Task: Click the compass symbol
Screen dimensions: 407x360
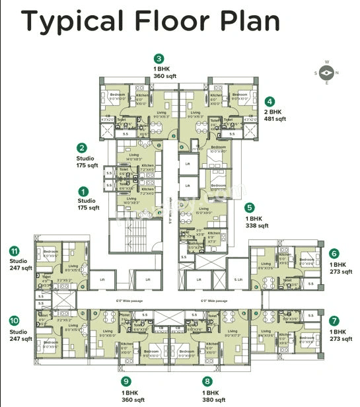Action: (327, 73)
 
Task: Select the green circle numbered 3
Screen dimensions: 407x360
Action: (158, 58)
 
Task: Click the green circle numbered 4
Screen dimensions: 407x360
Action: (270, 102)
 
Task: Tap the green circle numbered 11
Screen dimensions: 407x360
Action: (14, 251)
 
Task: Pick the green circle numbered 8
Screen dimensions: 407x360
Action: (207, 381)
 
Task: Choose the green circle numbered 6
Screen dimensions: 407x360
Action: (334, 253)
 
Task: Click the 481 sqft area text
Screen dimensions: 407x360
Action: (276, 120)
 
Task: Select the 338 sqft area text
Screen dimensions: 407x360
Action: (257, 225)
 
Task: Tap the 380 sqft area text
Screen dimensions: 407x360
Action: (214, 400)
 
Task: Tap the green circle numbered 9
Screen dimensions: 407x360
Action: (124, 381)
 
